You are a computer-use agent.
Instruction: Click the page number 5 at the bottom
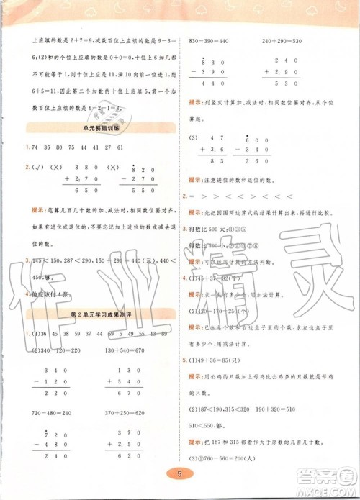pyautogui.click(x=179, y=473)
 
